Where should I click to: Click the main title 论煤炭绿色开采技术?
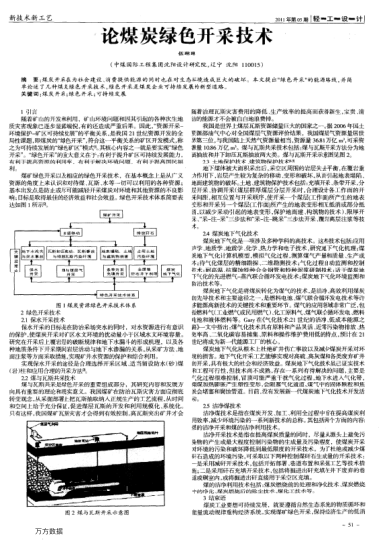point(195,35)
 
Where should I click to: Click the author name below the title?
point(195,54)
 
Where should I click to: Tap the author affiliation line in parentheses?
point(195,64)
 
